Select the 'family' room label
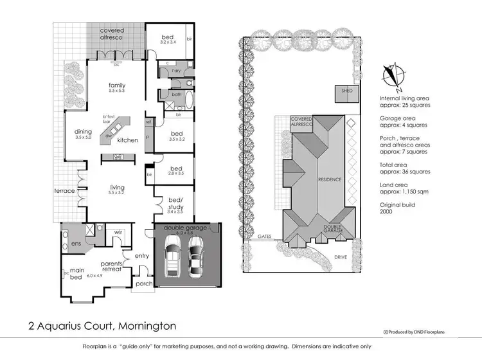(116, 85)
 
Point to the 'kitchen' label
(127, 139)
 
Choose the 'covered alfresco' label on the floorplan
(111, 34)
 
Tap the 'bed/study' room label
(176, 203)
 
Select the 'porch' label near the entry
(143, 283)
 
